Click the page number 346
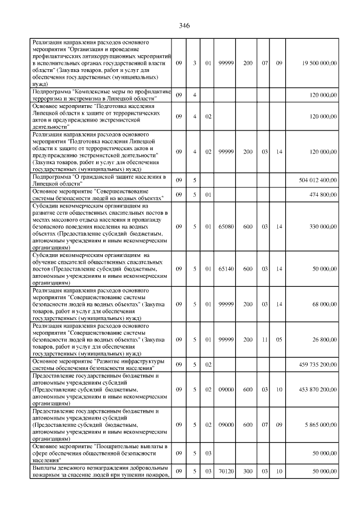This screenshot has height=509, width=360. (184, 26)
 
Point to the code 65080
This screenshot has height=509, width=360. (226, 227)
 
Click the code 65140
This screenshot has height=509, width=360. (226, 269)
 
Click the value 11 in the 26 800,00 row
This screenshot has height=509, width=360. (264, 340)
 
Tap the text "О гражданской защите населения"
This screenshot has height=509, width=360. (115, 178)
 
